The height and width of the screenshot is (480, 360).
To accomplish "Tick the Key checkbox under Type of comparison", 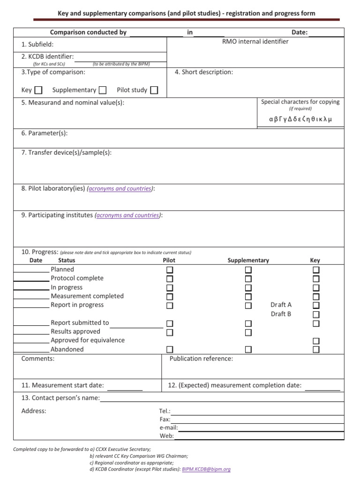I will click(38, 90).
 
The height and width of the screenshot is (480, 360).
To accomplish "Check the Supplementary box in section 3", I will click(103, 90).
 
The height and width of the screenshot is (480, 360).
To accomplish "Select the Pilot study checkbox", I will click(154, 90).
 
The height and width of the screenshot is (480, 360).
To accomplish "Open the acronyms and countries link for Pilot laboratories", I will click(120, 188).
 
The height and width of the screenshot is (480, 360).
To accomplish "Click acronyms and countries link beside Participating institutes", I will click(128, 215).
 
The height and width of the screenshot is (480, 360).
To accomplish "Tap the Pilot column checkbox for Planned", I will click(169, 270).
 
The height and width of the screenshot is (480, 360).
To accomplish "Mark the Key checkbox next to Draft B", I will click(316, 315).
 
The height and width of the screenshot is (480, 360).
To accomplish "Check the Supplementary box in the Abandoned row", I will click(248, 350).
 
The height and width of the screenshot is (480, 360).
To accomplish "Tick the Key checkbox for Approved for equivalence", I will click(316, 341).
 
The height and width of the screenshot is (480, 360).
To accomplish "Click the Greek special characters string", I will click(300, 119).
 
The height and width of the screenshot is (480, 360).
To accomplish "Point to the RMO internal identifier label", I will click(255, 41).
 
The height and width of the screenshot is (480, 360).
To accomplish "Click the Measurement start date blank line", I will click(125, 389).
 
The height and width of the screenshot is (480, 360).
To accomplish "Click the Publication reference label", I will click(201, 359).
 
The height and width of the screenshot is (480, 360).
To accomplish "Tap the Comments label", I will click(37, 359).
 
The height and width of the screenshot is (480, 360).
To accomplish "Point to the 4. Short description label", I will click(203, 72).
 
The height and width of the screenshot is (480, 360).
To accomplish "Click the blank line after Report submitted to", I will click(136, 327).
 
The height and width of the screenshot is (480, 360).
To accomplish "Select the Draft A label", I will click(281, 305).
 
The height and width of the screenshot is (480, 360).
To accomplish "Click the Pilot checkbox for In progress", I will click(169, 288).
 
